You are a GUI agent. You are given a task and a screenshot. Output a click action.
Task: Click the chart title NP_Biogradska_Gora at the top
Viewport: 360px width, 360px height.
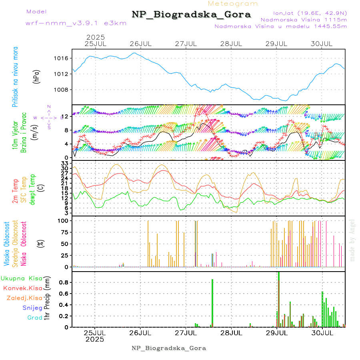coord(191,15)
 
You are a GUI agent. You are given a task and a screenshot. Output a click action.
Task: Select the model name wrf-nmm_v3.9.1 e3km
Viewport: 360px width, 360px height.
coord(76,23)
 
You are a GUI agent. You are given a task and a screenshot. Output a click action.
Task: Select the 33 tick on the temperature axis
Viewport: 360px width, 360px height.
coord(65,164)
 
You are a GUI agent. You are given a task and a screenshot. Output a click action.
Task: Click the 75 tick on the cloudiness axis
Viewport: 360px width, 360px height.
coord(64,232)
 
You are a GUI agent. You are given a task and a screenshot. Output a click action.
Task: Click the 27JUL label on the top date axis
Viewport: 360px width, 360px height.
coord(186,43)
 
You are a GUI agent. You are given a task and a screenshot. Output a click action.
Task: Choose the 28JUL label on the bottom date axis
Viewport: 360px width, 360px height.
coord(231,332)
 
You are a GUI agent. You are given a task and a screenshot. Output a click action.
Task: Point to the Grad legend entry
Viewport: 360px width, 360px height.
coord(34,318)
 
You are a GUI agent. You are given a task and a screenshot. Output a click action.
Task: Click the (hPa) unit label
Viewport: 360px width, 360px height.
coord(37,76)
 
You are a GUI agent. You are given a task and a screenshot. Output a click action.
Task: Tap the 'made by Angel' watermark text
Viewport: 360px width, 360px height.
coord(352,240)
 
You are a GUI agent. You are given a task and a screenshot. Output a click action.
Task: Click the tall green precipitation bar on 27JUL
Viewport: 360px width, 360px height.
coord(212,302)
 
